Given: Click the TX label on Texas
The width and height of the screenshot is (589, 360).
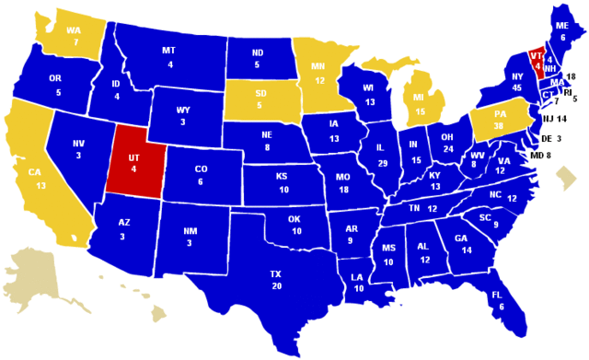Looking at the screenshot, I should pyautogui.click(x=275, y=274).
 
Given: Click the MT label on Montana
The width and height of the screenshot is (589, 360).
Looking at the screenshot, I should pyautogui.click(x=169, y=51).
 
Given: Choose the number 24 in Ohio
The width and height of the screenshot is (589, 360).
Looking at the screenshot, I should pyautogui.click(x=448, y=148).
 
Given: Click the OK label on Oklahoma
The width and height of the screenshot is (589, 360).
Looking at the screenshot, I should pyautogui.click(x=295, y=219).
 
